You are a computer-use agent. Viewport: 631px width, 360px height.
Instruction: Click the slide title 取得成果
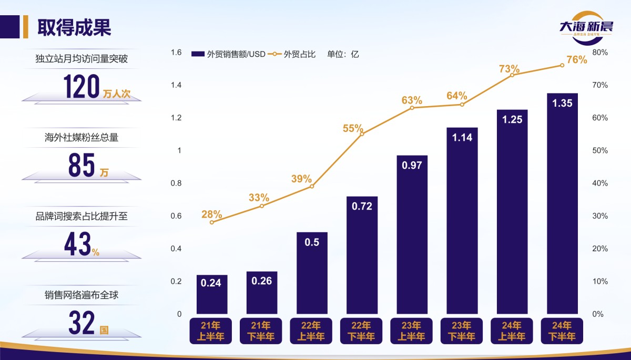(74, 27)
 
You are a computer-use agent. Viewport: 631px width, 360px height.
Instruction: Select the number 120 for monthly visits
(82, 87)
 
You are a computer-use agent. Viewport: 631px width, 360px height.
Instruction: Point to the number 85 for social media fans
(81, 164)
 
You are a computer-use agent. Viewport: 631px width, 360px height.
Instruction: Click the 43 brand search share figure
(78, 244)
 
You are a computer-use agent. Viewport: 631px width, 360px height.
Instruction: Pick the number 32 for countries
(82, 323)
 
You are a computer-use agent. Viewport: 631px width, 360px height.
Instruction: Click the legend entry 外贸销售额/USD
(229, 54)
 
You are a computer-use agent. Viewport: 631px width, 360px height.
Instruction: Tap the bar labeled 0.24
(212, 294)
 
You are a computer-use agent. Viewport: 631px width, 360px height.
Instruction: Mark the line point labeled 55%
(362, 134)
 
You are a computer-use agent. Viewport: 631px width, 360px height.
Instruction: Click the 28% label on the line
(211, 214)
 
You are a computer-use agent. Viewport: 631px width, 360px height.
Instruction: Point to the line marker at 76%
(562, 65)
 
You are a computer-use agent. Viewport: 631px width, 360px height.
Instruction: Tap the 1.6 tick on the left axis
(176, 53)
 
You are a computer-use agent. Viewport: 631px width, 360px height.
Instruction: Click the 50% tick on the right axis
(600, 151)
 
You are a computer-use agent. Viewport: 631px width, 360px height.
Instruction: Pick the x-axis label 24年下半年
(562, 331)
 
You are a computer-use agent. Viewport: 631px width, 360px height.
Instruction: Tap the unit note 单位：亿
(343, 54)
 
